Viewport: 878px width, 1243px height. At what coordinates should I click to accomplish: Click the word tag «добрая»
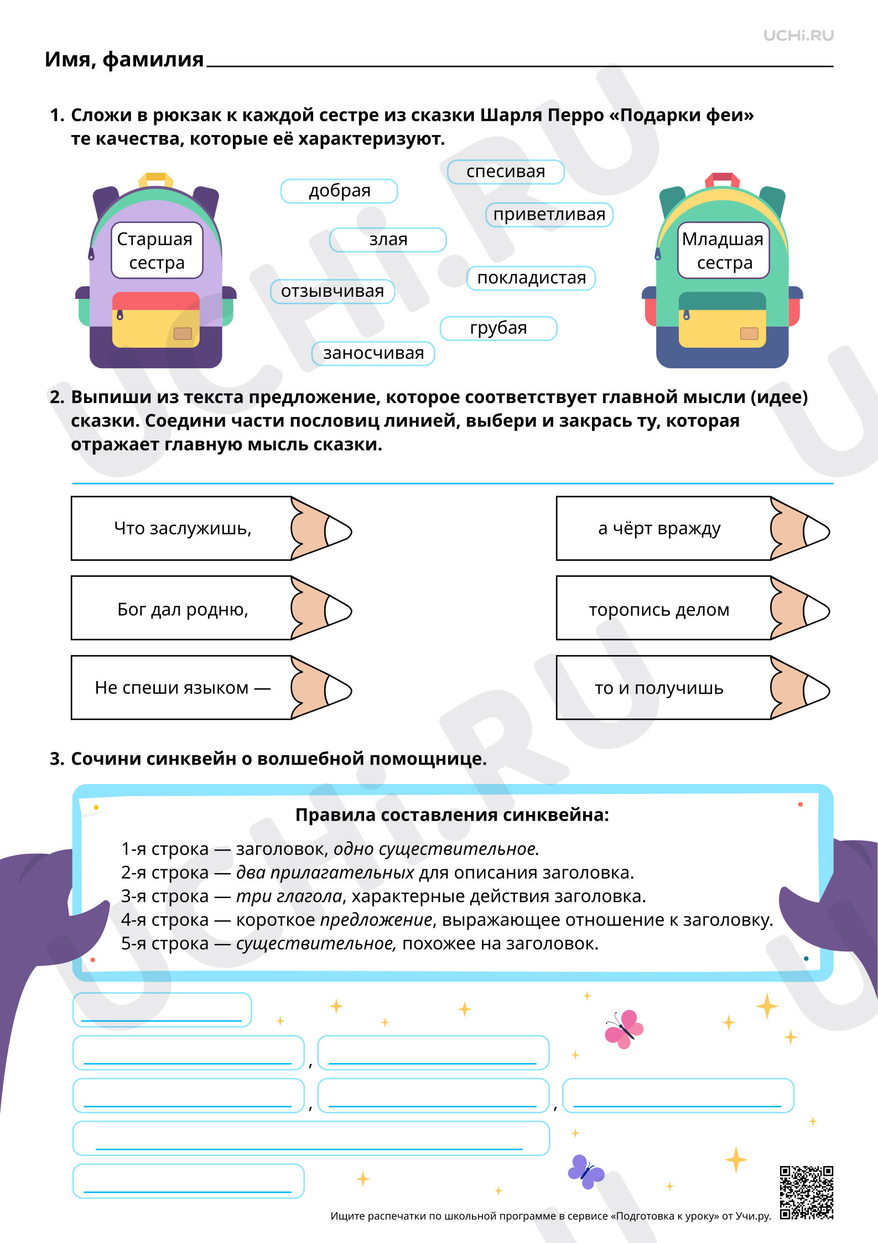(339, 191)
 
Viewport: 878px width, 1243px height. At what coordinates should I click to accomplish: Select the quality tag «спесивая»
(506, 172)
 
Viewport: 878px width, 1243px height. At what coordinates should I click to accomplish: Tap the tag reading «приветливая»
(549, 214)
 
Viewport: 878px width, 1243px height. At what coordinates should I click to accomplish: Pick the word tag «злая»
(388, 240)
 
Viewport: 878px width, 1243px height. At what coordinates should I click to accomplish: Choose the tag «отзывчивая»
(333, 291)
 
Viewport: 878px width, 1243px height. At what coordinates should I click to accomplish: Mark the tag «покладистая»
(531, 278)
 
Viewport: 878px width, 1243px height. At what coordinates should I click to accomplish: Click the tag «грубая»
(498, 328)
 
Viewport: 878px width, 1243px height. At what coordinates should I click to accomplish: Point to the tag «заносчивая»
(373, 353)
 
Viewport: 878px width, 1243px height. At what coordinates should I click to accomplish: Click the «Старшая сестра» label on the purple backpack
(157, 250)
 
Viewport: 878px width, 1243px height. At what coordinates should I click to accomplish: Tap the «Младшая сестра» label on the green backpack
(724, 250)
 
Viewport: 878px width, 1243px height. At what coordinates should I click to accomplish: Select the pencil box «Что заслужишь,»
(211, 528)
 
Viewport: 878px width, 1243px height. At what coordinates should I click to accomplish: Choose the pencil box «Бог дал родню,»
(211, 608)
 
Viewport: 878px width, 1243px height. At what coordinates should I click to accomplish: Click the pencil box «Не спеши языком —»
(211, 688)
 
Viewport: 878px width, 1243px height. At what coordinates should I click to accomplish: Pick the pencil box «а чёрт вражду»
(693, 528)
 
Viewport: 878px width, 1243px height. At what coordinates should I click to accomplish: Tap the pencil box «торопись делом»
(693, 608)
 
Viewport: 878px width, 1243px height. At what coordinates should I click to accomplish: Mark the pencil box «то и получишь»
(693, 688)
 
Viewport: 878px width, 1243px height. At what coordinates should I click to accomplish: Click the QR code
(807, 1193)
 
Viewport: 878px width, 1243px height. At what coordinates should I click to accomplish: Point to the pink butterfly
(624, 1029)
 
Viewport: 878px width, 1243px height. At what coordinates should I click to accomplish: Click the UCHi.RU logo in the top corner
(798, 35)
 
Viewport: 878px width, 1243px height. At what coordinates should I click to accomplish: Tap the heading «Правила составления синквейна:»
(452, 815)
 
